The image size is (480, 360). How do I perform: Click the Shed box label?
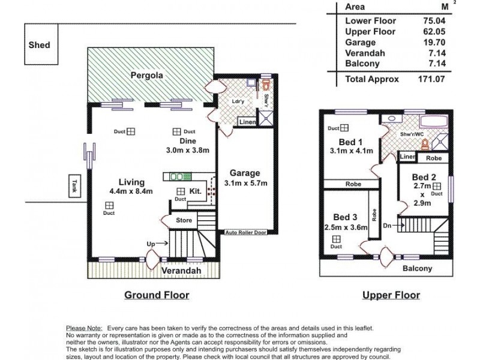point(39,46)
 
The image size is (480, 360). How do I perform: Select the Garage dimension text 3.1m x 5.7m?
point(245,183)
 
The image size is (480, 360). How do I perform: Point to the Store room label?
point(183,221)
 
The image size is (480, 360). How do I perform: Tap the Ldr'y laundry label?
point(238,101)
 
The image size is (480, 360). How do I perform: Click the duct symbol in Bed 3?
point(335,239)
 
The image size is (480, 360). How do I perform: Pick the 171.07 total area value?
point(431,79)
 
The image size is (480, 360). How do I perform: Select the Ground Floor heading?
point(157,295)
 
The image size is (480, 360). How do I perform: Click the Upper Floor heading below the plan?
point(391,295)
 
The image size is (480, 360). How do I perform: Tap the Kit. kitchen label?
point(196,191)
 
